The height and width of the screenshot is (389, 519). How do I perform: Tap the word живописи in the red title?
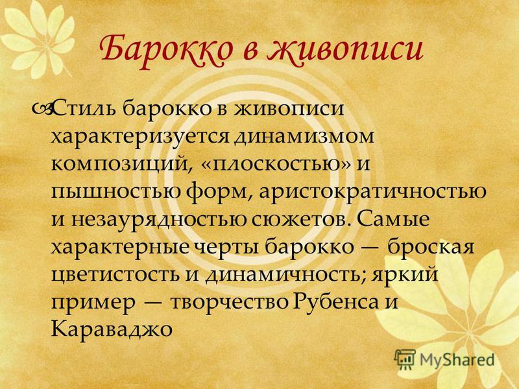[x=346, y=51]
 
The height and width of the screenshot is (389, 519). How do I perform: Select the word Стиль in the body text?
[x=86, y=108]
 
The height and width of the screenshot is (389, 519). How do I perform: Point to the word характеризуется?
[x=141, y=137]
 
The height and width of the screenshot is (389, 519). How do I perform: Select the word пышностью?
[x=116, y=191]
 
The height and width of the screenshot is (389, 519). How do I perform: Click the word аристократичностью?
[x=373, y=192]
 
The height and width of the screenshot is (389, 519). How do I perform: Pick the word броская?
[x=431, y=246]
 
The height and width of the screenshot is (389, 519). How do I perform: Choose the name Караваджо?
[x=112, y=329]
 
